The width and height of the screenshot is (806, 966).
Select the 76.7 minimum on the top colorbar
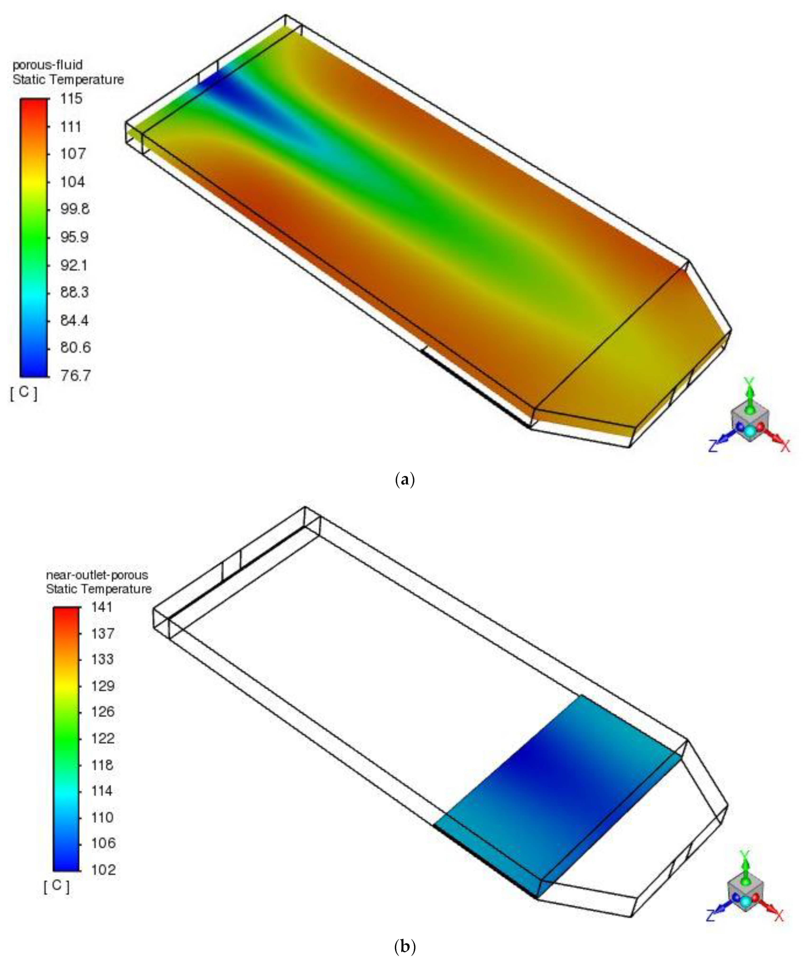(75, 376)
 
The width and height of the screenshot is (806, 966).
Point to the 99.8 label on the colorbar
(75, 209)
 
